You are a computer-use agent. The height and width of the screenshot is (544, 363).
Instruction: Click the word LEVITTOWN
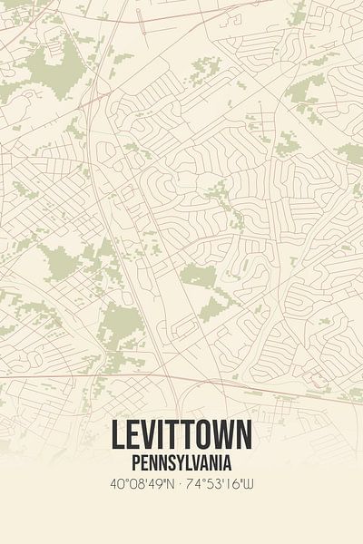(181, 436)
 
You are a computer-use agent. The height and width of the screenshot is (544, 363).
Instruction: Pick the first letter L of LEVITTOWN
(118, 436)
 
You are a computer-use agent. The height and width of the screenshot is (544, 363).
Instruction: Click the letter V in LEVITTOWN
(149, 436)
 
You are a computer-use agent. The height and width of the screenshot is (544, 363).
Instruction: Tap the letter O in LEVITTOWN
(202, 436)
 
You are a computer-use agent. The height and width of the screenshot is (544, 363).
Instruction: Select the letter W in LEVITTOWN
(222, 436)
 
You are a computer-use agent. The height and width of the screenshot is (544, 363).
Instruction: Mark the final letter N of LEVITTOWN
(243, 436)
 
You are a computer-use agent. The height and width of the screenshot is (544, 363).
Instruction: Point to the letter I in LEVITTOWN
(161, 436)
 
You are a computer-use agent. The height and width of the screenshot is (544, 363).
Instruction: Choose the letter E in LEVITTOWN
(132, 436)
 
